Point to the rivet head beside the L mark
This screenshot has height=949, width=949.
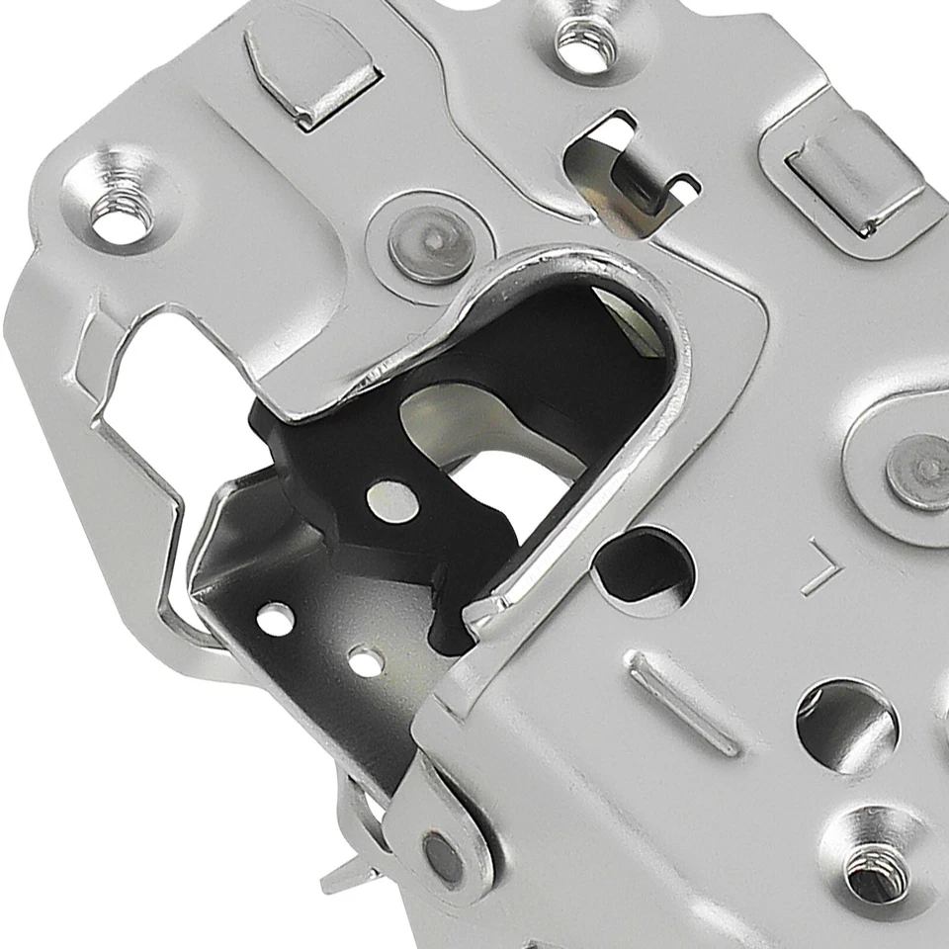click(x=918, y=473)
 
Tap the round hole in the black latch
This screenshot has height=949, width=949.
click(x=388, y=501)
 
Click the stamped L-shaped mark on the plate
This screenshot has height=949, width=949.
click(x=820, y=565)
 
